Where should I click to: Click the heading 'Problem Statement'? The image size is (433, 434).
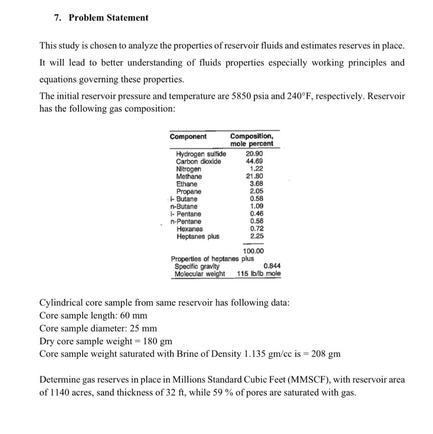pos(109,18)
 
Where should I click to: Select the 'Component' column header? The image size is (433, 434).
pos(188,136)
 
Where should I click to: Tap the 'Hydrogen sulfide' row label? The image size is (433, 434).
pos(201,153)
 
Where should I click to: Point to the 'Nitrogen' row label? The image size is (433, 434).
pos(189,169)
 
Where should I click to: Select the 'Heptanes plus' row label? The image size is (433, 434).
pos(198,236)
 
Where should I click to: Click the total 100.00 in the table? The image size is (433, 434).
pos(253,251)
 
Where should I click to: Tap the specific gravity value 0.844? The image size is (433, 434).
pos(272,266)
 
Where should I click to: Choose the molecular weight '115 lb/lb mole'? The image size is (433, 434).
pos(259,274)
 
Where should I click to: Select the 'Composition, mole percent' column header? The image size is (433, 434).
pos(251,140)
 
